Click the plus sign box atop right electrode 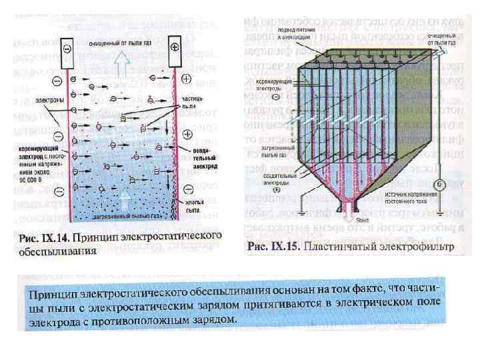(175, 48)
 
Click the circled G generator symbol (439, 183)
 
